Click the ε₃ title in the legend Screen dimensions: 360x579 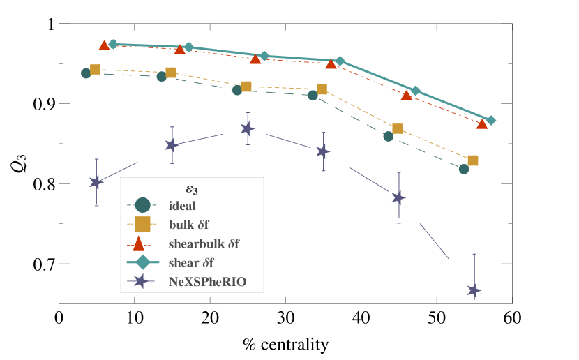tap(191, 188)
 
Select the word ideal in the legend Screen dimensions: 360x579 tap(182, 206)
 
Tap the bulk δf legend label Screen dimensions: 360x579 tap(188, 225)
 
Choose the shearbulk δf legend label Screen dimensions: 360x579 tap(204, 244)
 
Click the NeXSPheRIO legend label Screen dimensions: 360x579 tap(207, 282)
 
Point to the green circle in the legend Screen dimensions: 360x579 tap(142, 205)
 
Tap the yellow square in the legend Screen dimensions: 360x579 tap(142, 224)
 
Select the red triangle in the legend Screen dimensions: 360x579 tap(139, 243)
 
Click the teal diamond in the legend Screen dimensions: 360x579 tap(142, 262)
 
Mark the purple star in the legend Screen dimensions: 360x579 tap(141, 281)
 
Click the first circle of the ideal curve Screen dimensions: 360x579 tap(86, 73)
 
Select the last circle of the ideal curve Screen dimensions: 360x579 tap(464, 169)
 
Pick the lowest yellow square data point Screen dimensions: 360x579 tap(473, 160)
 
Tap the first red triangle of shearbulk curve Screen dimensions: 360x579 tap(104, 45)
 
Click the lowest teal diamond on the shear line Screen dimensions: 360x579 tap(490, 120)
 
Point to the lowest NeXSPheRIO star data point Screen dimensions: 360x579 tap(474, 290)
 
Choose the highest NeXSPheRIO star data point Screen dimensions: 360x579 tap(247, 128)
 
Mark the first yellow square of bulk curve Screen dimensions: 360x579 tap(95, 69)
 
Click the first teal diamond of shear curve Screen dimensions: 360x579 tap(113, 44)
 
